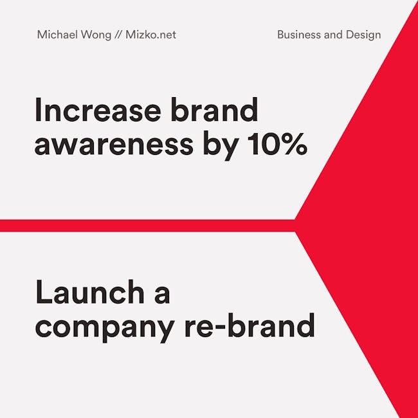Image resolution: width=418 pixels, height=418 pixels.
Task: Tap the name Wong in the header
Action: (x=96, y=35)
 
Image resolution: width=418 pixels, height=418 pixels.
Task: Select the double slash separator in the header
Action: (x=118, y=35)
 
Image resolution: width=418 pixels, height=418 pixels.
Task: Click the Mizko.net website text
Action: (x=150, y=35)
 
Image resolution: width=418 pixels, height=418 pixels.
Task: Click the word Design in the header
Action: (x=363, y=35)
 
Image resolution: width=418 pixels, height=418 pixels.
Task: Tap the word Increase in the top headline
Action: (x=98, y=109)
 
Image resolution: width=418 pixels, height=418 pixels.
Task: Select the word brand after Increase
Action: (x=214, y=109)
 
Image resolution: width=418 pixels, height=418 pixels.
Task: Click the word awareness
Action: (x=114, y=143)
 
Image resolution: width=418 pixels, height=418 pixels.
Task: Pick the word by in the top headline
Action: (x=221, y=145)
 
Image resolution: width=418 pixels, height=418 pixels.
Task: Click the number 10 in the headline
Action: (x=264, y=143)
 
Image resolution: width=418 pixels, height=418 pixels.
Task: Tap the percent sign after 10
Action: (x=295, y=143)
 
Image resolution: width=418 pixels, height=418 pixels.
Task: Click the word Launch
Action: (x=90, y=291)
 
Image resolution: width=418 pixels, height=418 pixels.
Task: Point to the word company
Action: (x=105, y=327)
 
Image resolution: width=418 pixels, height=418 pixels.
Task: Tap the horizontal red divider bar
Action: (x=147, y=226)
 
